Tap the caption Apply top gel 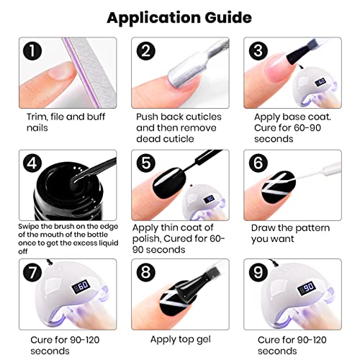[x=180, y=338]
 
